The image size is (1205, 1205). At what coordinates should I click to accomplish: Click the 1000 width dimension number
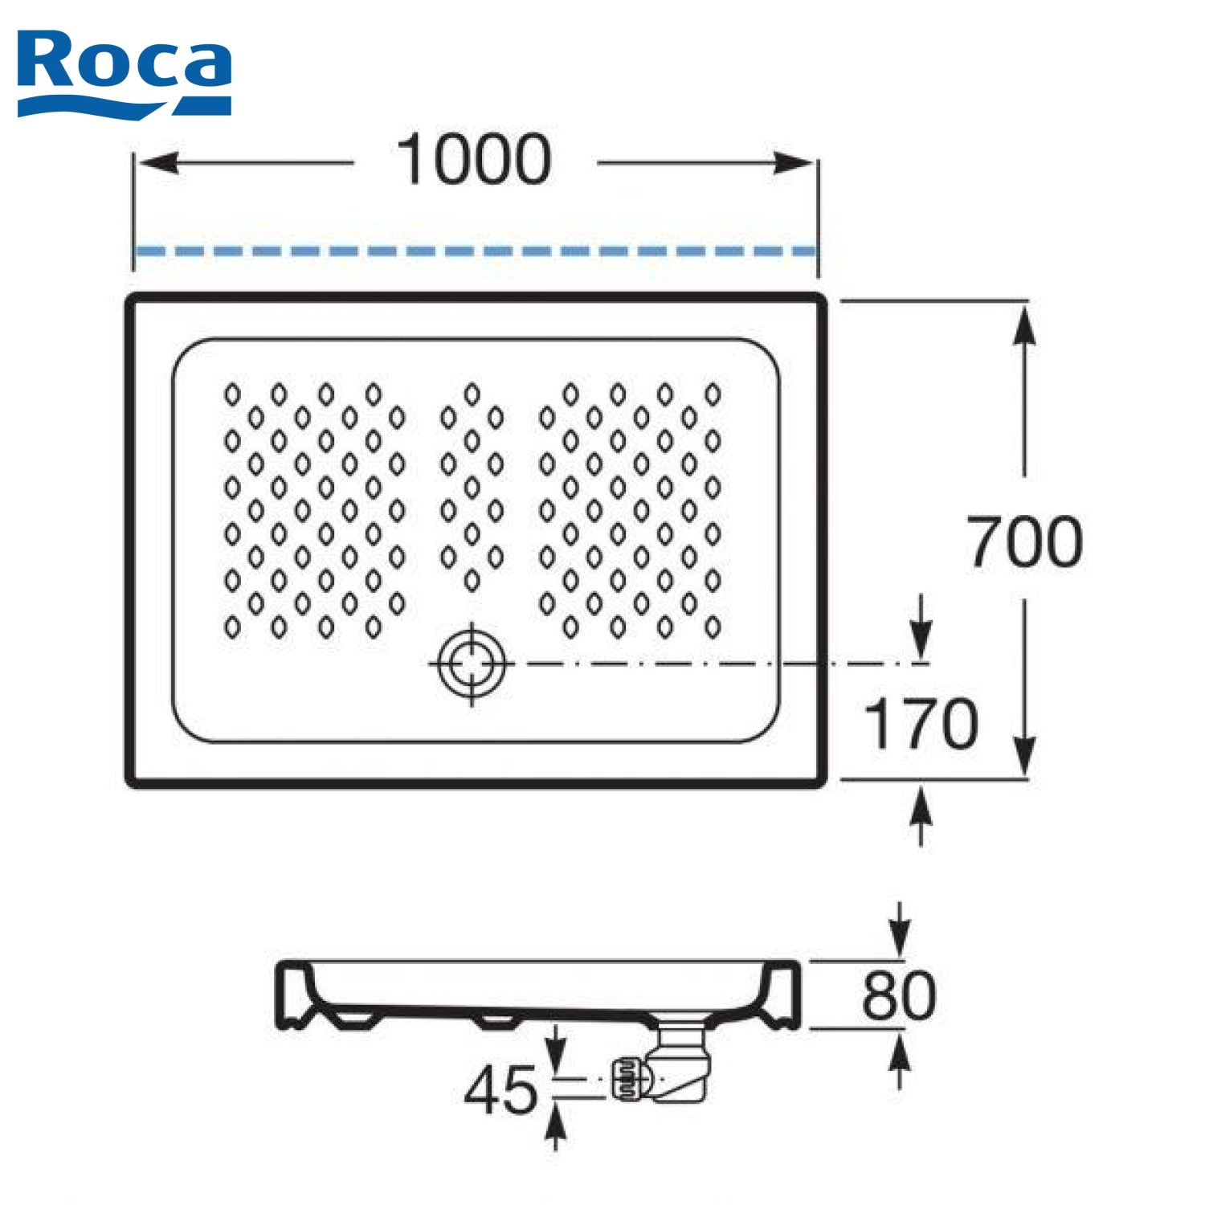[475, 160]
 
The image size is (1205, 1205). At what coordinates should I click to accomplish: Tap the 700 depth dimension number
[1024, 541]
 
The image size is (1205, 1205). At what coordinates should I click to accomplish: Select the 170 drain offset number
[921, 724]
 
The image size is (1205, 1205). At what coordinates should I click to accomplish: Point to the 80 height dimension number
[899, 995]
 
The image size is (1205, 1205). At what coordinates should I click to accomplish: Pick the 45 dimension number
[501, 1089]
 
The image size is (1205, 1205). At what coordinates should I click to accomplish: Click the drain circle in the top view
[472, 664]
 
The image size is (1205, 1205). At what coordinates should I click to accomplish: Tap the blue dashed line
[476, 251]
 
